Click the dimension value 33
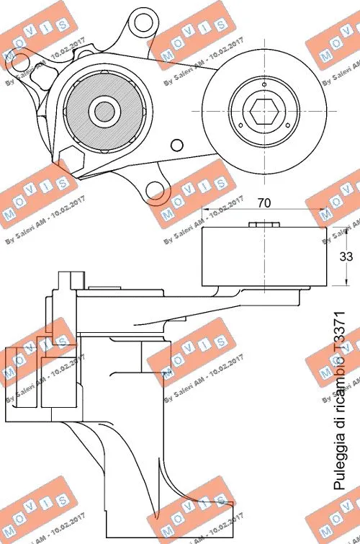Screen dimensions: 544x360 tap(346, 255)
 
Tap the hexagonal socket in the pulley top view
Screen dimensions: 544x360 tap(262, 112)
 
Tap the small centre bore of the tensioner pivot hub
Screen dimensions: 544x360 tap(103, 110)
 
